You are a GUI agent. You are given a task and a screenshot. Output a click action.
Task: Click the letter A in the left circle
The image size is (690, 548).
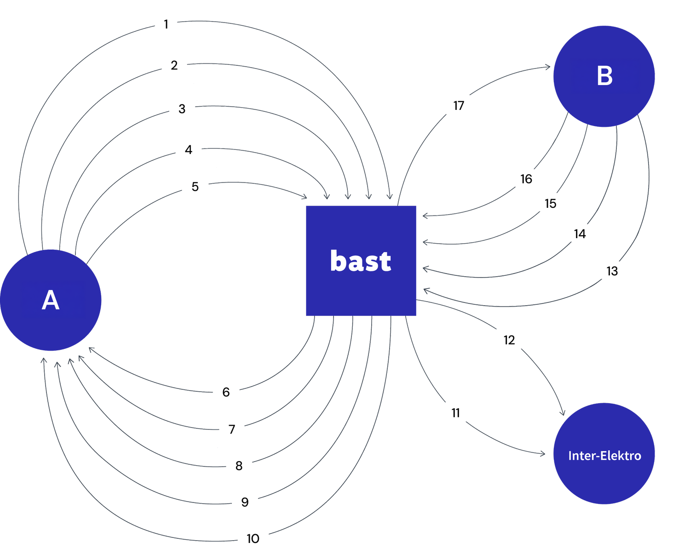(x=51, y=301)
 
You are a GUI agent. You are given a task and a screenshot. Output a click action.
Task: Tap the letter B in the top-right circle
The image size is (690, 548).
(x=604, y=76)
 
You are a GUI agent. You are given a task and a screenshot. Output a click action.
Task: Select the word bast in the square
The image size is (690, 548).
(x=361, y=261)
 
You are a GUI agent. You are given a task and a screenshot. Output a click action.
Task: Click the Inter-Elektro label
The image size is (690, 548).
(x=604, y=456)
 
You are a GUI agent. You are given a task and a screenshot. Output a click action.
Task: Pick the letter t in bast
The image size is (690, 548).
(x=385, y=262)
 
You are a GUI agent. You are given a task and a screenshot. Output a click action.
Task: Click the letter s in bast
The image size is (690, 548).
(x=371, y=263)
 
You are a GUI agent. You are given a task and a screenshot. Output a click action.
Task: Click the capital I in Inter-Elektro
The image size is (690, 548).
(x=570, y=456)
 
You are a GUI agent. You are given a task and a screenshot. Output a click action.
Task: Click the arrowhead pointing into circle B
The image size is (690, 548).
(x=548, y=67)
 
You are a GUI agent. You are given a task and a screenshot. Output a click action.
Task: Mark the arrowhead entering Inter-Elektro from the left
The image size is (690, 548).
(x=543, y=454)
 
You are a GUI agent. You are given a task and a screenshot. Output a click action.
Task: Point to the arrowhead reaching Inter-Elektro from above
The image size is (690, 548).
(x=563, y=413)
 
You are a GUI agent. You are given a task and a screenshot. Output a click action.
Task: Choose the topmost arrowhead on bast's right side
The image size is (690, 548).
(x=425, y=215)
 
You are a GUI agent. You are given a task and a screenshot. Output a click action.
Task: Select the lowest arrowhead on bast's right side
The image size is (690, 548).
(x=425, y=290)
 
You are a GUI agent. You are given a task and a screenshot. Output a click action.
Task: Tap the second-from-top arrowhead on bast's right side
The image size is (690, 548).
(x=425, y=242)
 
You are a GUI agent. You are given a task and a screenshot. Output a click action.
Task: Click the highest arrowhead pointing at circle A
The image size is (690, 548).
(x=89, y=349)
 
